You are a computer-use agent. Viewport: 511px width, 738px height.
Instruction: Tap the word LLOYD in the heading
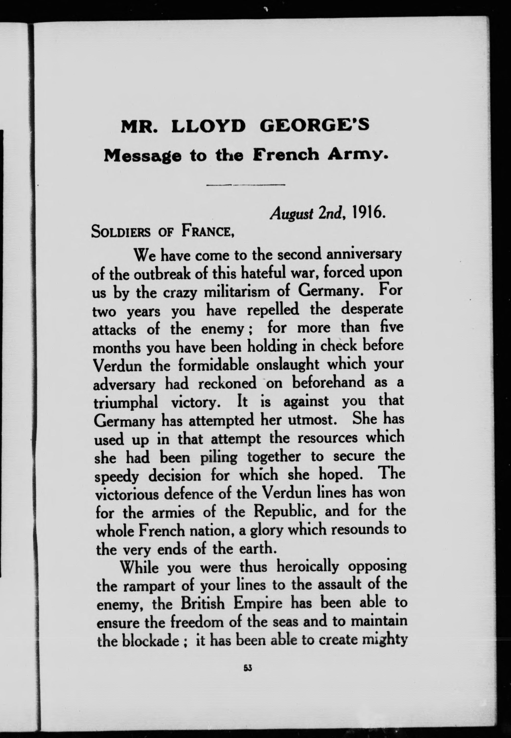(x=208, y=126)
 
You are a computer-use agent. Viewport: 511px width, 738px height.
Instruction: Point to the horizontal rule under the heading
(x=246, y=185)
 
